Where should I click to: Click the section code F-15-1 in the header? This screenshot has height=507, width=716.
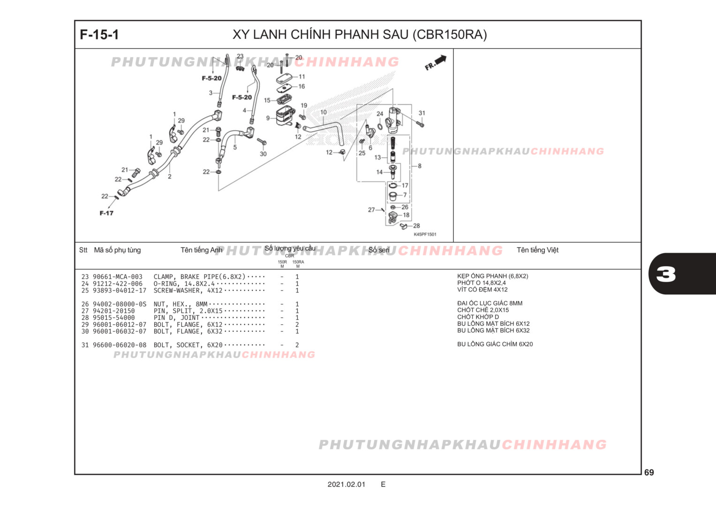99,35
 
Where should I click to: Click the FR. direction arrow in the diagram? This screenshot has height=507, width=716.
436,62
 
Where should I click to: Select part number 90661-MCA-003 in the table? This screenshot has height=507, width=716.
117,277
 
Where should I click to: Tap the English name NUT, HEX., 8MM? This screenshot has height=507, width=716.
181,304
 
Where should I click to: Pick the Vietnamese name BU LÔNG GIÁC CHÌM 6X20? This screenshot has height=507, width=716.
495,344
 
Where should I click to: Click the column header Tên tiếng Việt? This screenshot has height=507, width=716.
537,250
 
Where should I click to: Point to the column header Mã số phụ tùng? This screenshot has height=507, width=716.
117,250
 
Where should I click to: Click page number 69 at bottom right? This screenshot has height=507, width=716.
649,472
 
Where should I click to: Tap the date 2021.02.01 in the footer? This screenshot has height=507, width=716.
346,484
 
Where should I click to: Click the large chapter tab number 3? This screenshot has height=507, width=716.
666,274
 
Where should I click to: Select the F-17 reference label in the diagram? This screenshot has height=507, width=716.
106,213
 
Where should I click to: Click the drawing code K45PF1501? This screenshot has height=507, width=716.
425,234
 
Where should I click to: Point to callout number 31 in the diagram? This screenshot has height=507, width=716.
422,113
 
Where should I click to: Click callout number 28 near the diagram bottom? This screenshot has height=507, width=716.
416,226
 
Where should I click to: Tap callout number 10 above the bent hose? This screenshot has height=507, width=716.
324,113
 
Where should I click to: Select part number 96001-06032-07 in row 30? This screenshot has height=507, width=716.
120,331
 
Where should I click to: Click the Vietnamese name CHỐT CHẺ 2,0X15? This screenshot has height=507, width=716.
483,310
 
